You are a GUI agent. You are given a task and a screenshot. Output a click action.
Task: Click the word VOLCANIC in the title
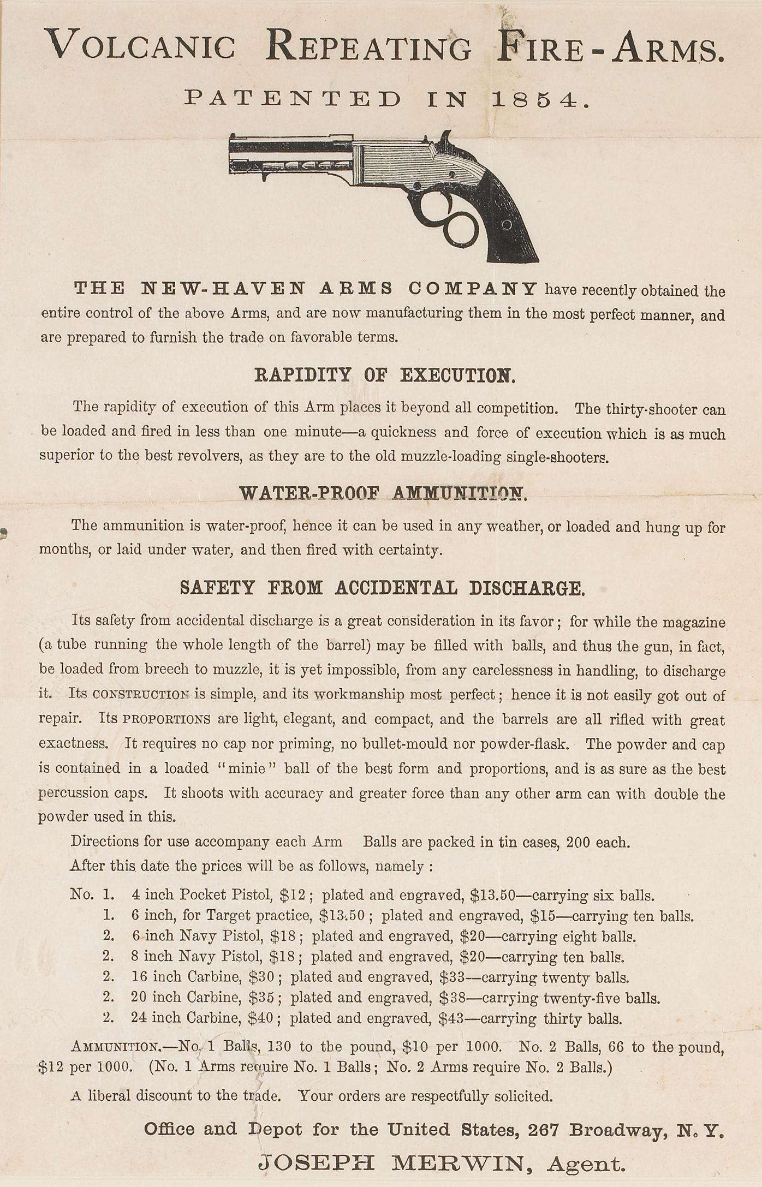(x=140, y=47)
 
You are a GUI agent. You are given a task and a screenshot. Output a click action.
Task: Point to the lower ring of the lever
(x=460, y=230)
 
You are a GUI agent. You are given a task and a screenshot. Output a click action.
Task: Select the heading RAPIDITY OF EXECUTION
(x=385, y=375)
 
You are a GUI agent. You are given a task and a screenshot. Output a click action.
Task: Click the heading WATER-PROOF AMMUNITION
(x=383, y=493)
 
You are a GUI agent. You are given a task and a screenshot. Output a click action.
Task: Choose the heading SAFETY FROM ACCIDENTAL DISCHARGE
(x=383, y=588)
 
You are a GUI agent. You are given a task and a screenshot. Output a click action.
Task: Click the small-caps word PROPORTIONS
(x=166, y=719)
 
